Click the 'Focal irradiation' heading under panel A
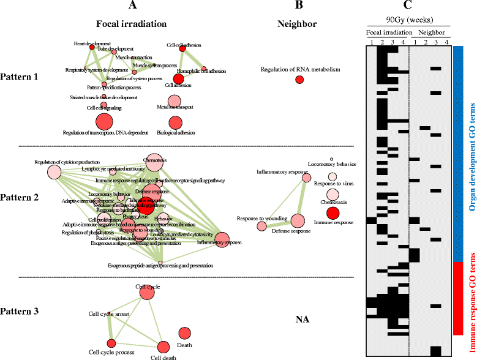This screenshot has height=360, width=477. (x=132, y=24)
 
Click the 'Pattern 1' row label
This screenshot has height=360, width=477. (x=20, y=78)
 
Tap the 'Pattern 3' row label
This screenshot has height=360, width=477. (x=20, y=311)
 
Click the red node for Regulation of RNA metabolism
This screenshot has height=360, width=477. (x=299, y=80)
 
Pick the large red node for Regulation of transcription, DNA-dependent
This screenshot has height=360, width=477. (x=103, y=121)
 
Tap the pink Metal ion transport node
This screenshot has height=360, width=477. (x=175, y=99)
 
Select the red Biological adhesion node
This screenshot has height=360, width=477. (x=176, y=122)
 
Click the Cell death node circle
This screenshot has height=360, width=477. (x=163, y=348)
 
